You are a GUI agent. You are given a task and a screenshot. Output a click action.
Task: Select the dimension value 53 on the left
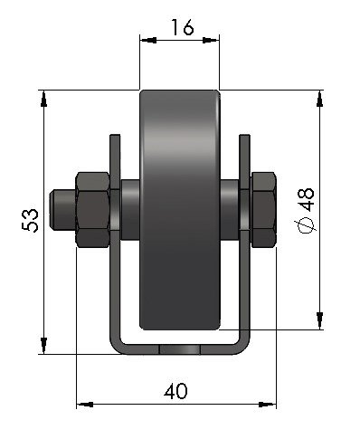pos(30,220)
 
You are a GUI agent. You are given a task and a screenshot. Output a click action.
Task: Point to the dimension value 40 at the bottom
pos(175,391)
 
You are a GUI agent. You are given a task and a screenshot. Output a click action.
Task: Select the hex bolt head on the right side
pos(261,209)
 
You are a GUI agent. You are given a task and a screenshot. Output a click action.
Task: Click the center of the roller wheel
pos(179,209)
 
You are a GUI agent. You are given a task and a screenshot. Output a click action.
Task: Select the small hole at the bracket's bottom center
pos(179,349)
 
